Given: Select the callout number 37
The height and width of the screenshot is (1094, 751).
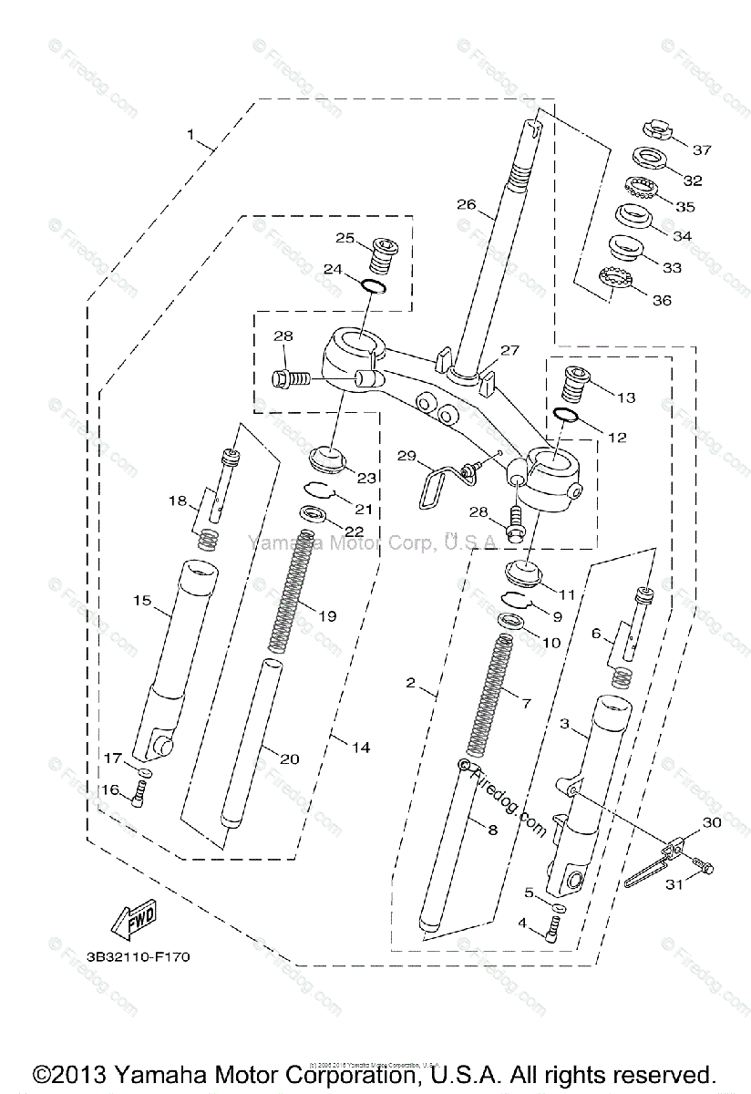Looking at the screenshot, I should (x=701, y=150).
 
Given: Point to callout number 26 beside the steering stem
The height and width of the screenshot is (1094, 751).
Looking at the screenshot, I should (x=467, y=204).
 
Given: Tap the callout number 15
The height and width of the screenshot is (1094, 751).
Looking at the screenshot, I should (x=142, y=601).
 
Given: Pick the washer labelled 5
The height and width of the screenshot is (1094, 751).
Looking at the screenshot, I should (x=559, y=909).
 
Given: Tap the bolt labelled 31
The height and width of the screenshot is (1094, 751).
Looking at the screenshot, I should (x=705, y=866).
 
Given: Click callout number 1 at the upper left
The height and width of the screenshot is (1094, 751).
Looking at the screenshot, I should (x=191, y=135).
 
